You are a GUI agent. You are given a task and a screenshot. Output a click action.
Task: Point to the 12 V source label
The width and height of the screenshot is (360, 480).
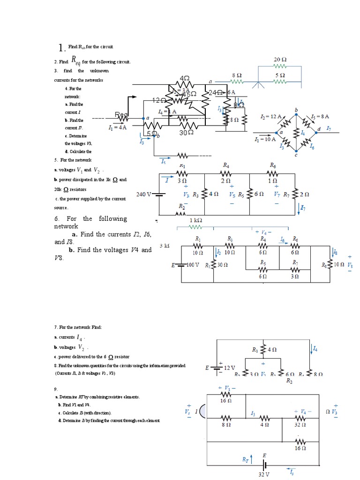(229, 368)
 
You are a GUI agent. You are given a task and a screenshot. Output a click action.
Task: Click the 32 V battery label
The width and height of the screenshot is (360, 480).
(264, 474)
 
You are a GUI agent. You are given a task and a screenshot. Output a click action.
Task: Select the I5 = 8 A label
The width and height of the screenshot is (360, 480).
(320, 116)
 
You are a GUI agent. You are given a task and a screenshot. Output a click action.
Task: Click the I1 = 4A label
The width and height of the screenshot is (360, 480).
(117, 127)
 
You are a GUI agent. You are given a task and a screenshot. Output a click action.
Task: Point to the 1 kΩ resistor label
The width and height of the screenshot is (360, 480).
(195, 220)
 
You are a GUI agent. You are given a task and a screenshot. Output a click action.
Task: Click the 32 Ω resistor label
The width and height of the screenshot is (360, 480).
(300, 425)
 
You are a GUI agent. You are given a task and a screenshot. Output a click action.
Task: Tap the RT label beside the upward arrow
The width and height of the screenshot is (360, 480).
(246, 460)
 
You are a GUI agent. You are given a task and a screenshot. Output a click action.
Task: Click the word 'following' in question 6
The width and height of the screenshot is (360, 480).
(112, 218)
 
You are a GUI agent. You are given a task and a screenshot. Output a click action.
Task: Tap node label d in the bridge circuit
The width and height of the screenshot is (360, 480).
(319, 128)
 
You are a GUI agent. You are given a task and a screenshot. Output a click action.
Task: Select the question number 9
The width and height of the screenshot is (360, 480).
(56, 389)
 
